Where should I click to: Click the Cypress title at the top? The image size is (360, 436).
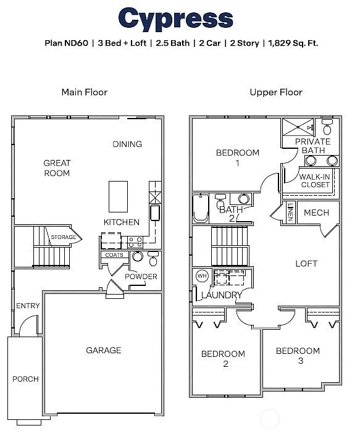coord(175,20)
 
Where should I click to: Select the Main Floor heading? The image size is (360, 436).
coord(85,92)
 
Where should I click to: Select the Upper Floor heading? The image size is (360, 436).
coord(276,92)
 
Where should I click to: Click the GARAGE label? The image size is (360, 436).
coord(103,350)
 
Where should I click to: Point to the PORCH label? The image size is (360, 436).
coord(25,379)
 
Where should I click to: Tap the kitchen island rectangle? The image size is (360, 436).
coord(119,196)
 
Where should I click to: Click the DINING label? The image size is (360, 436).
coord(127,144)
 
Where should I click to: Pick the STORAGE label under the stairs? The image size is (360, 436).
coord(63,237)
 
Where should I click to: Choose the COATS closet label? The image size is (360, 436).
coord(114,254)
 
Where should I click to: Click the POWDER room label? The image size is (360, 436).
coord(141,276)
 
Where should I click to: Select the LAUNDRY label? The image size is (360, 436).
coord(222,295)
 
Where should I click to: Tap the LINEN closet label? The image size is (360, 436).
coord(290,212)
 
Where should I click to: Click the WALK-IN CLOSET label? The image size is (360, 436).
coord(315,180)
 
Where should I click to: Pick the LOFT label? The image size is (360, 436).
coord(306,263)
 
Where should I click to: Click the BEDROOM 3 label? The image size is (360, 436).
coord(298,355)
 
